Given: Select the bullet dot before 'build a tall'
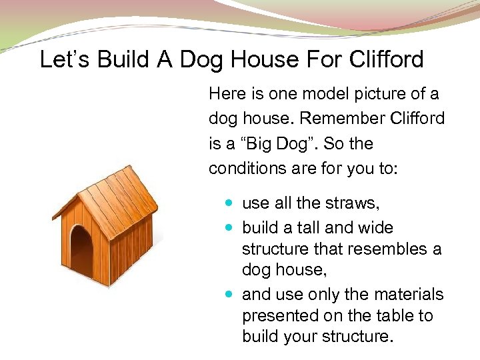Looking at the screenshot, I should pos(230,228).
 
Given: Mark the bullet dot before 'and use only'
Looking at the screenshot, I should pos(230,294).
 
